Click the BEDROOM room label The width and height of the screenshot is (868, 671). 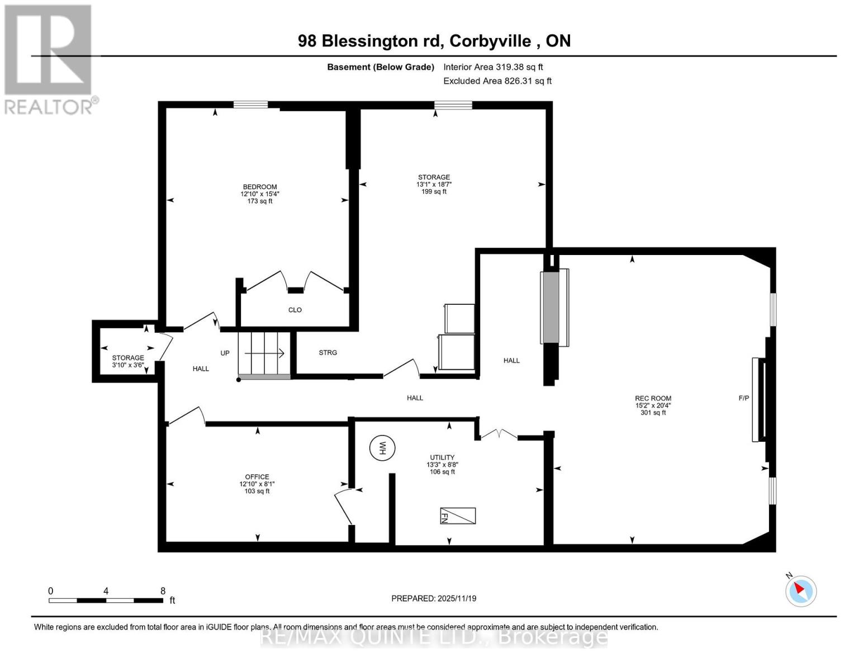[259, 187]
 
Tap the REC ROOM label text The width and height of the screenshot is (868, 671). [653, 398]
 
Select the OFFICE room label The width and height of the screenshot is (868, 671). [257, 477]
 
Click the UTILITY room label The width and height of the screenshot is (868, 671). [442, 457]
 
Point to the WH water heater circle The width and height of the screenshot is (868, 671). [382, 448]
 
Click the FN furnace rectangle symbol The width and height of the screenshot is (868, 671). [458, 516]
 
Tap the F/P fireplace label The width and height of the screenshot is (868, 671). [743, 398]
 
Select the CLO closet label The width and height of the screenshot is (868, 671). [295, 310]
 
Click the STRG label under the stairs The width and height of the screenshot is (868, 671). [328, 353]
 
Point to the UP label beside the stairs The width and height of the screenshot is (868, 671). [225, 353]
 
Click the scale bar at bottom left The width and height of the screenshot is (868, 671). [106, 601]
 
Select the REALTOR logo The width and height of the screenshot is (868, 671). [49, 59]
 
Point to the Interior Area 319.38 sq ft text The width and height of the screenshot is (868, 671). [493, 67]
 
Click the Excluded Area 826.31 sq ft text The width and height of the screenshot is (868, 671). [497, 81]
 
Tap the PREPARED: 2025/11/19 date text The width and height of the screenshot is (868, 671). [434, 598]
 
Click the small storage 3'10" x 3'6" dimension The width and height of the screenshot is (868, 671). [128, 365]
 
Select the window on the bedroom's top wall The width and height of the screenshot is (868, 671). [250, 105]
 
